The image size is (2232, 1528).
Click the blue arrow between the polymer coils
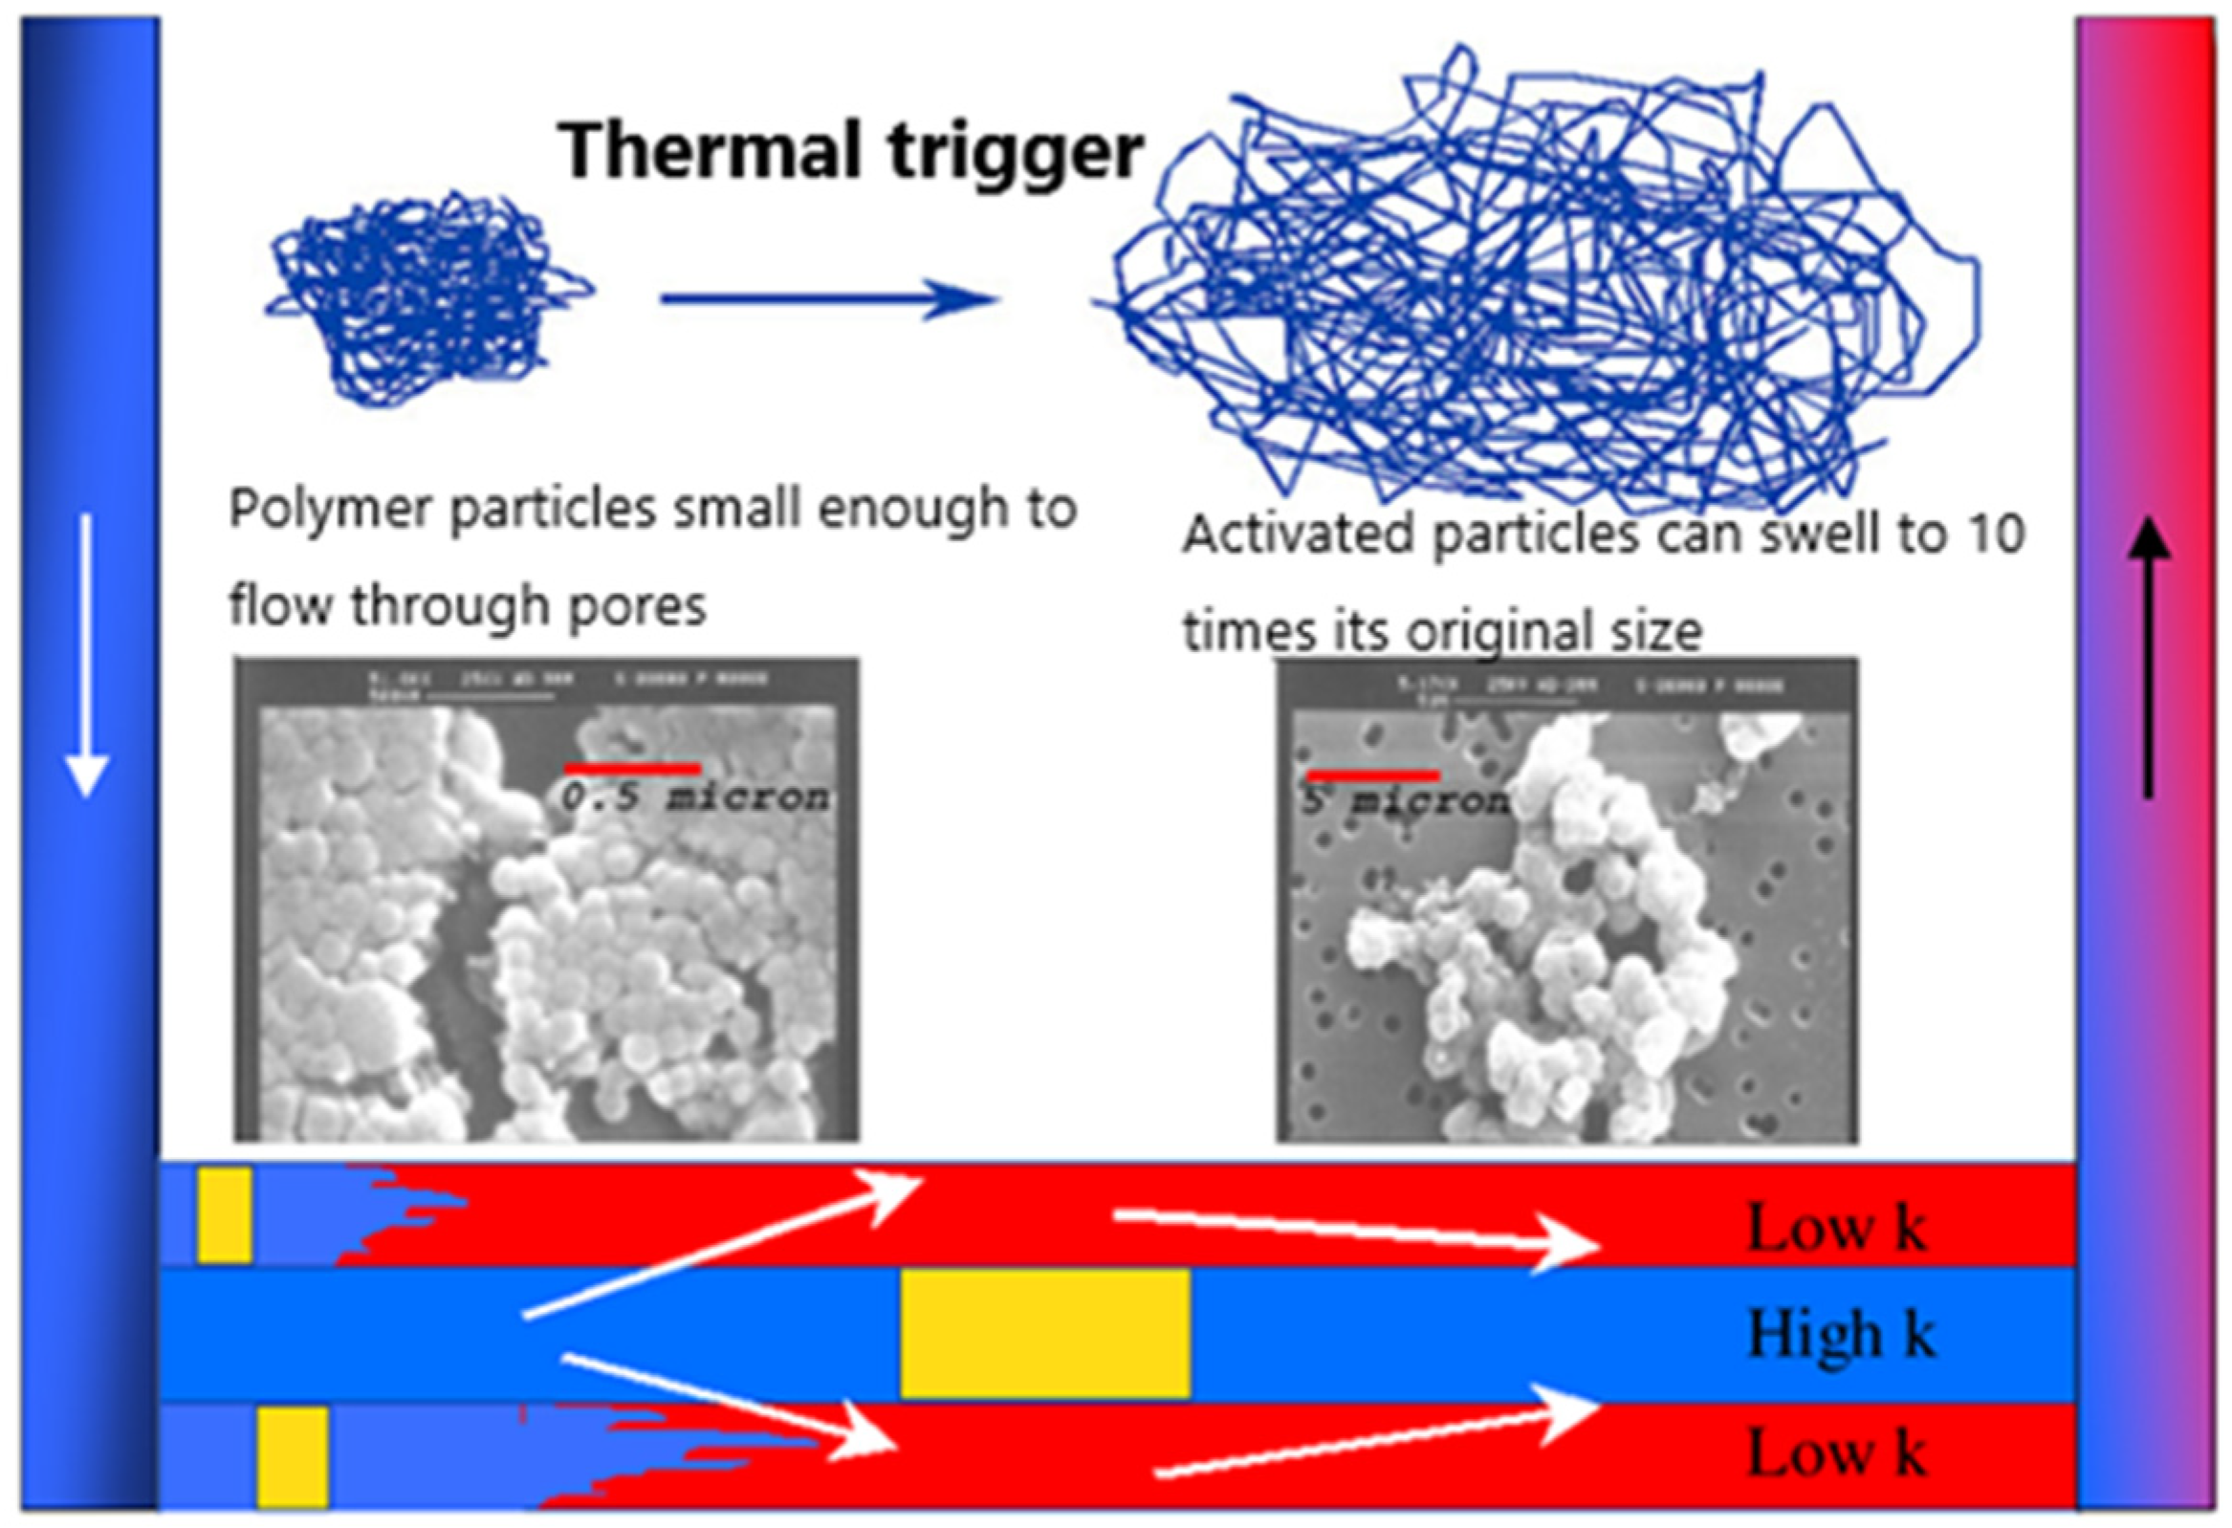pos(830,298)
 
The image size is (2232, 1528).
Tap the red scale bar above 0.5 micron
pos(632,769)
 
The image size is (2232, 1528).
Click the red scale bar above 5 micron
pos(1372,775)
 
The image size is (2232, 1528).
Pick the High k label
pos(1840,1334)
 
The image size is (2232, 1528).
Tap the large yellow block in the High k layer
pos(1045,1333)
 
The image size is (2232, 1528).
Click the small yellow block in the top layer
pos(225,1215)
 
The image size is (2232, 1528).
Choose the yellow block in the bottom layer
pos(293,1457)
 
